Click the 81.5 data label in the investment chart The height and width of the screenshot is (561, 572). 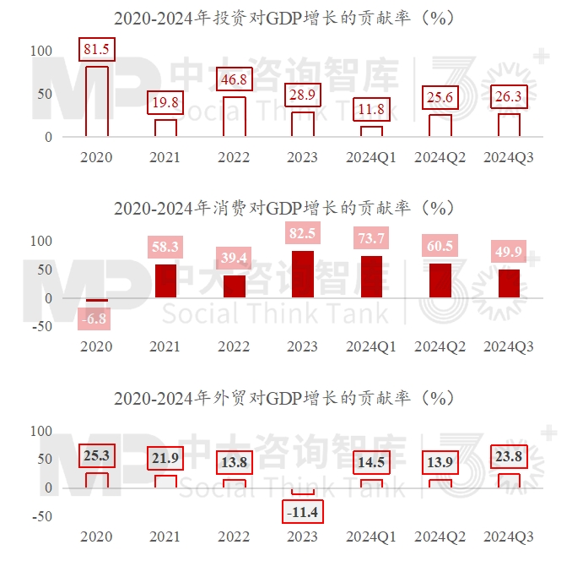point(97,50)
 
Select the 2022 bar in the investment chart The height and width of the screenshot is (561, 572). point(235,117)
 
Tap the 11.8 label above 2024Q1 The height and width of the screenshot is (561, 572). point(371,110)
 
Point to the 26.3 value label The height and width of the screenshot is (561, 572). point(509,97)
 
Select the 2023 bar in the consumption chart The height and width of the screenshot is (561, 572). point(303,275)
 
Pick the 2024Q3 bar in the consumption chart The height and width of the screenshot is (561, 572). point(509,284)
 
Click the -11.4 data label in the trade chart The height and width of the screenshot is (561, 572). point(303,512)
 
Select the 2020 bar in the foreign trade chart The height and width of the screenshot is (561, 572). point(97,480)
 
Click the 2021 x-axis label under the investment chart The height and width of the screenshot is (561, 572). point(165,157)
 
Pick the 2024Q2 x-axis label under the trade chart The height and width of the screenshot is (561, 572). point(440,536)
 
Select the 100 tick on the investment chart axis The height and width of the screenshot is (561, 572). point(41,51)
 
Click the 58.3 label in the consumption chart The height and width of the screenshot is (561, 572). point(165,247)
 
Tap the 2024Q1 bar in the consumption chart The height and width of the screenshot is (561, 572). point(371,277)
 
